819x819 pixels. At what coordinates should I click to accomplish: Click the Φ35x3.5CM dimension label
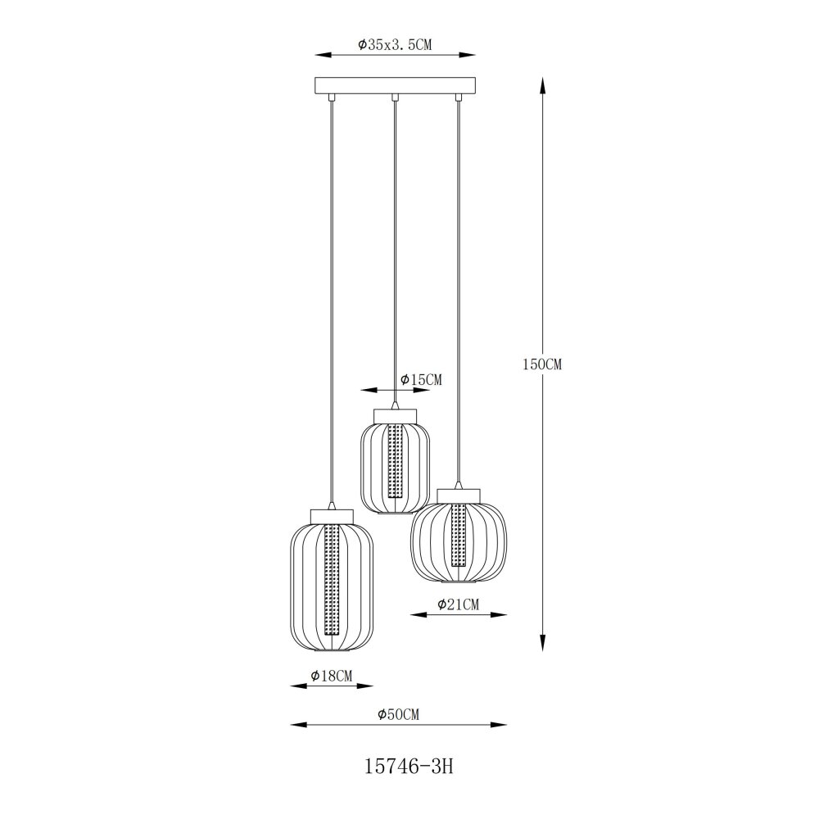(x=395, y=44)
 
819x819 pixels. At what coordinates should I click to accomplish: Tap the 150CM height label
(x=542, y=364)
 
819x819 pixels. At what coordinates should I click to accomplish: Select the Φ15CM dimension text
(x=421, y=380)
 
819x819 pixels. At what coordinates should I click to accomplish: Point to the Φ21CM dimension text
(x=458, y=605)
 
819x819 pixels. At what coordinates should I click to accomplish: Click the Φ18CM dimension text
(x=332, y=676)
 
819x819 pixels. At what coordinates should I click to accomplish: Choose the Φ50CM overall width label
(x=399, y=714)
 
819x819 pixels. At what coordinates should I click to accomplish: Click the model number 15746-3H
(x=409, y=767)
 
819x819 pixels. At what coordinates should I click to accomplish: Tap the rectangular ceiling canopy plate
(x=396, y=85)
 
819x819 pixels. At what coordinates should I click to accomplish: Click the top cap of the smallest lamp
(x=396, y=416)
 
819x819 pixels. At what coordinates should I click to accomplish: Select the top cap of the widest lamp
(x=459, y=495)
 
